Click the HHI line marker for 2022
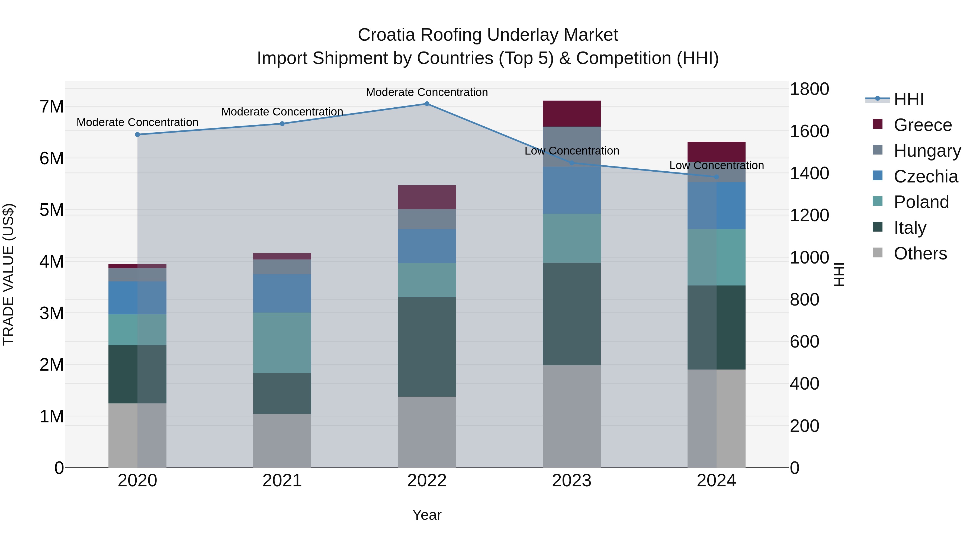[x=427, y=104]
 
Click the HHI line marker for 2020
[x=137, y=134]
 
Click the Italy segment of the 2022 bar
[x=427, y=347]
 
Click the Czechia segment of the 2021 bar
[x=282, y=293]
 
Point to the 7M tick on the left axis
[x=52, y=107]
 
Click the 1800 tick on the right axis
[x=809, y=89]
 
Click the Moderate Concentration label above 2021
[x=282, y=112]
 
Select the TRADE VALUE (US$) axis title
[x=8, y=274]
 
